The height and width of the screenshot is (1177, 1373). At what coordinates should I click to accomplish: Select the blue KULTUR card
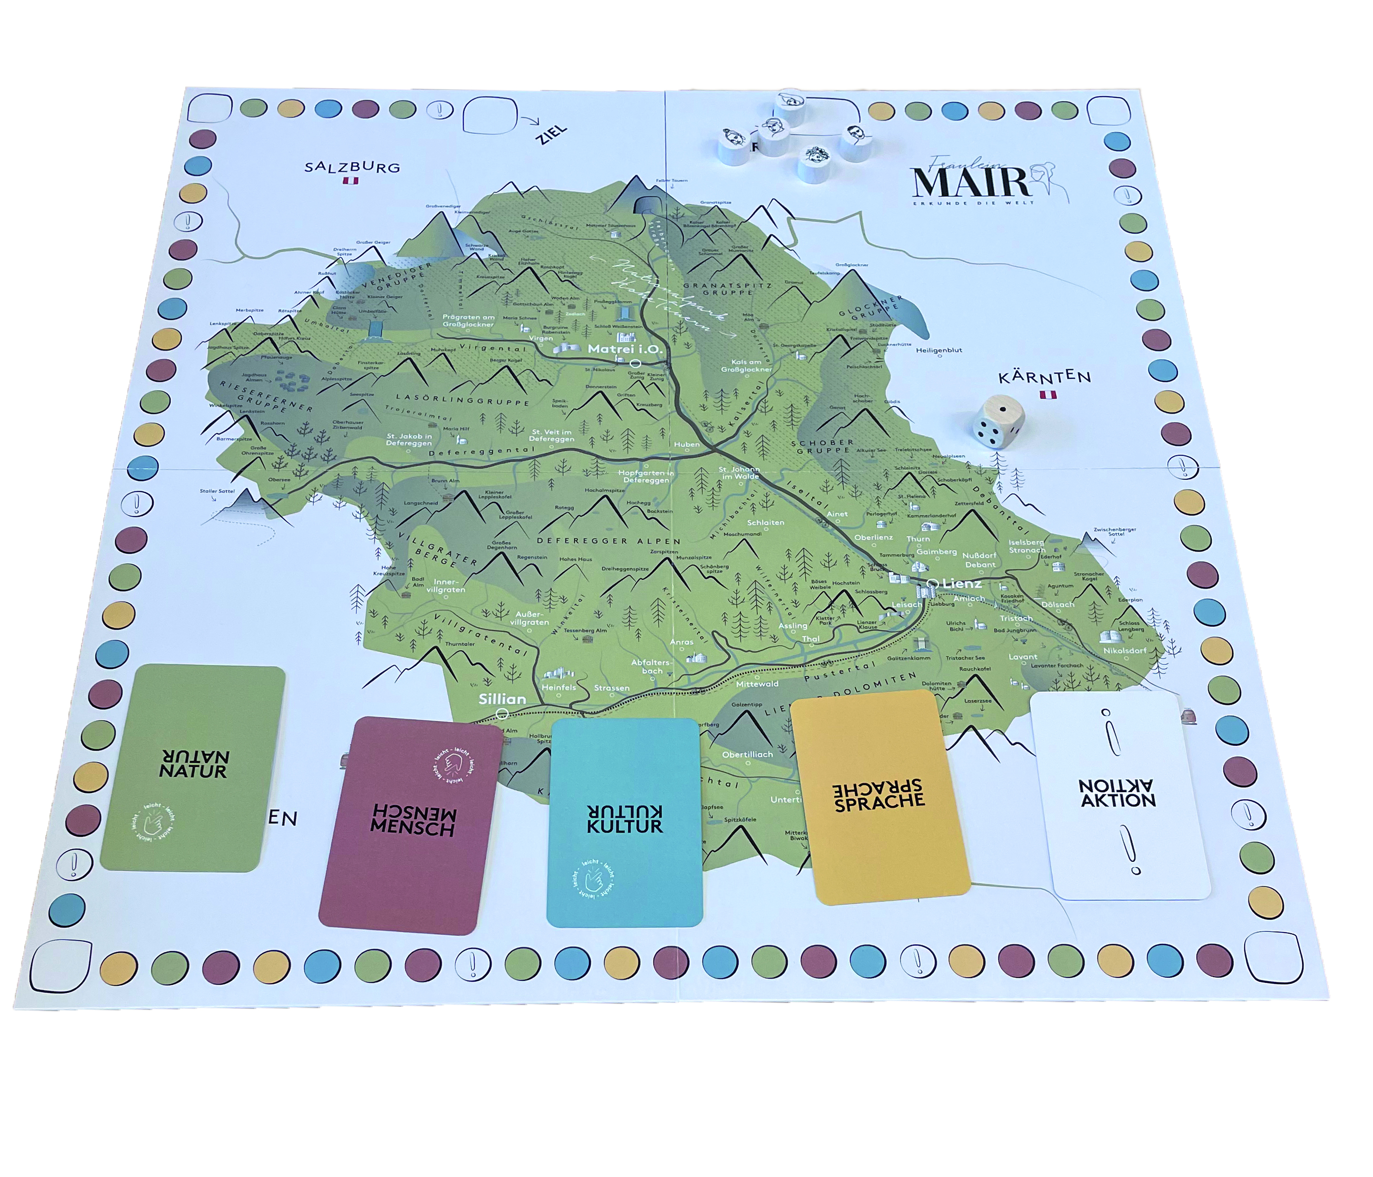[624, 822]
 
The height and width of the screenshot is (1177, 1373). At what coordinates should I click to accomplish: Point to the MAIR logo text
[971, 182]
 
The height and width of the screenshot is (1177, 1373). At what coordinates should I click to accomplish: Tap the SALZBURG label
[352, 167]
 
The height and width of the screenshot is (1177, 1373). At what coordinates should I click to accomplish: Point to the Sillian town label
[502, 699]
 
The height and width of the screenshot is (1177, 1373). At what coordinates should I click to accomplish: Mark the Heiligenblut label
[939, 350]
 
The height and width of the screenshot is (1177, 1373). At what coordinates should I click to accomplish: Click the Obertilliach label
[747, 754]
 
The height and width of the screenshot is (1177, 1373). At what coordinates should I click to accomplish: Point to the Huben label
[687, 444]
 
